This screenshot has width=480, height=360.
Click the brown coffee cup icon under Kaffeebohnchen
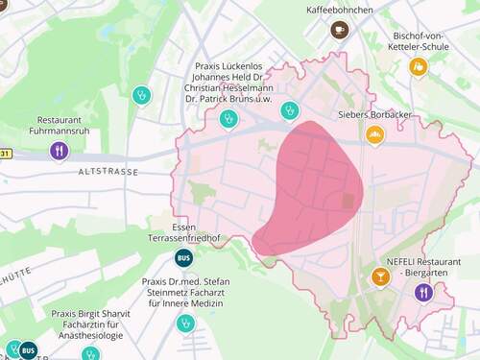click(339, 31)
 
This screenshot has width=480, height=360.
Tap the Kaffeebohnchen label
click(338, 10)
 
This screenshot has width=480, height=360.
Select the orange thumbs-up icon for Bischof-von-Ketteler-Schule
click(418, 66)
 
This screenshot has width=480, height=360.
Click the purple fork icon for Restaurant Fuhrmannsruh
click(59, 150)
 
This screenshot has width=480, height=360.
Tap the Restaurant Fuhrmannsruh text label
click(59, 126)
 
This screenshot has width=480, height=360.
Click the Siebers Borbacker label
click(375, 114)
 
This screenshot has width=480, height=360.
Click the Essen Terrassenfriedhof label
click(183, 232)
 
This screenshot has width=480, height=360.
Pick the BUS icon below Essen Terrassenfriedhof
click(183, 257)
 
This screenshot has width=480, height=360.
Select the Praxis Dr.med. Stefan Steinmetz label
click(182, 292)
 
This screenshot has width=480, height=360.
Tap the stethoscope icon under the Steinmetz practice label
click(184, 324)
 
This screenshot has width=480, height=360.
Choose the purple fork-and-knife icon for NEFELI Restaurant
click(423, 291)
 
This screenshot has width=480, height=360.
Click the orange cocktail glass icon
click(381, 277)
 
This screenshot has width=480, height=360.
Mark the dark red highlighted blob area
click(312, 187)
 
